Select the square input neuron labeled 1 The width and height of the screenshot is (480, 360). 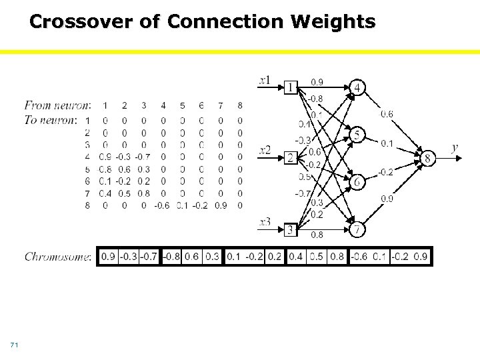(x=291, y=86)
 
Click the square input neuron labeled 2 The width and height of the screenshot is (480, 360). (x=291, y=158)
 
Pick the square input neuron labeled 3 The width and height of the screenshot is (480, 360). (x=291, y=230)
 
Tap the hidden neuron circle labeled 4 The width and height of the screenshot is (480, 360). (x=357, y=88)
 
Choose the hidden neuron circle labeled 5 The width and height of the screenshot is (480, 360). (x=357, y=135)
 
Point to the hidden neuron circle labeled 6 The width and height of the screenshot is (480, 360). (x=357, y=182)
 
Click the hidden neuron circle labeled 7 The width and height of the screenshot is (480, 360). (x=357, y=229)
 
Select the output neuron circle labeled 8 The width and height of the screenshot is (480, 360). (x=427, y=159)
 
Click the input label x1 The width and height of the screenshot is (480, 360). (x=265, y=81)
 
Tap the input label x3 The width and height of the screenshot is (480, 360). (x=265, y=222)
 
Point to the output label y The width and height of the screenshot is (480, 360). (x=455, y=148)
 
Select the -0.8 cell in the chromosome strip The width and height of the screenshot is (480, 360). (x=171, y=257)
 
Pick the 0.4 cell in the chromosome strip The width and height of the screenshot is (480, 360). (x=296, y=257)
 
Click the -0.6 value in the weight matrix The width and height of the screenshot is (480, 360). (x=162, y=206)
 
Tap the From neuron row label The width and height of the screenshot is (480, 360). (x=57, y=105)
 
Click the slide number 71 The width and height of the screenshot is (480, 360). (x=14, y=345)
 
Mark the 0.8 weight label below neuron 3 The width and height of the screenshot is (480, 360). (x=317, y=234)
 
